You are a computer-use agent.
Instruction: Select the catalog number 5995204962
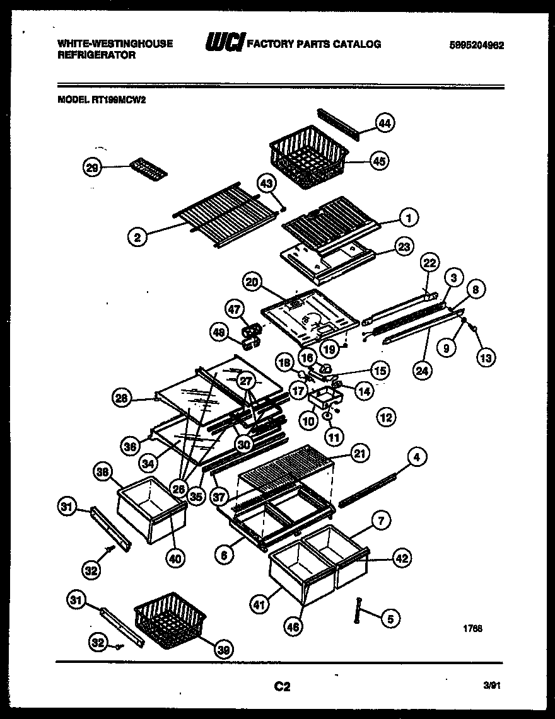(477, 45)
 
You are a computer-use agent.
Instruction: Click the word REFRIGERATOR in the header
(96, 55)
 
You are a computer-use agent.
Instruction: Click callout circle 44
(385, 124)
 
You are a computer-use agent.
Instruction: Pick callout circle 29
(93, 167)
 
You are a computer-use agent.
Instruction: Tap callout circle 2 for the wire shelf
(137, 237)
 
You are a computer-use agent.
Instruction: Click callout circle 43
(267, 183)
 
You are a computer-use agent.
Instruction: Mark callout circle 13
(486, 357)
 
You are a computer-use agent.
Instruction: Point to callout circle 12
(385, 417)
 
